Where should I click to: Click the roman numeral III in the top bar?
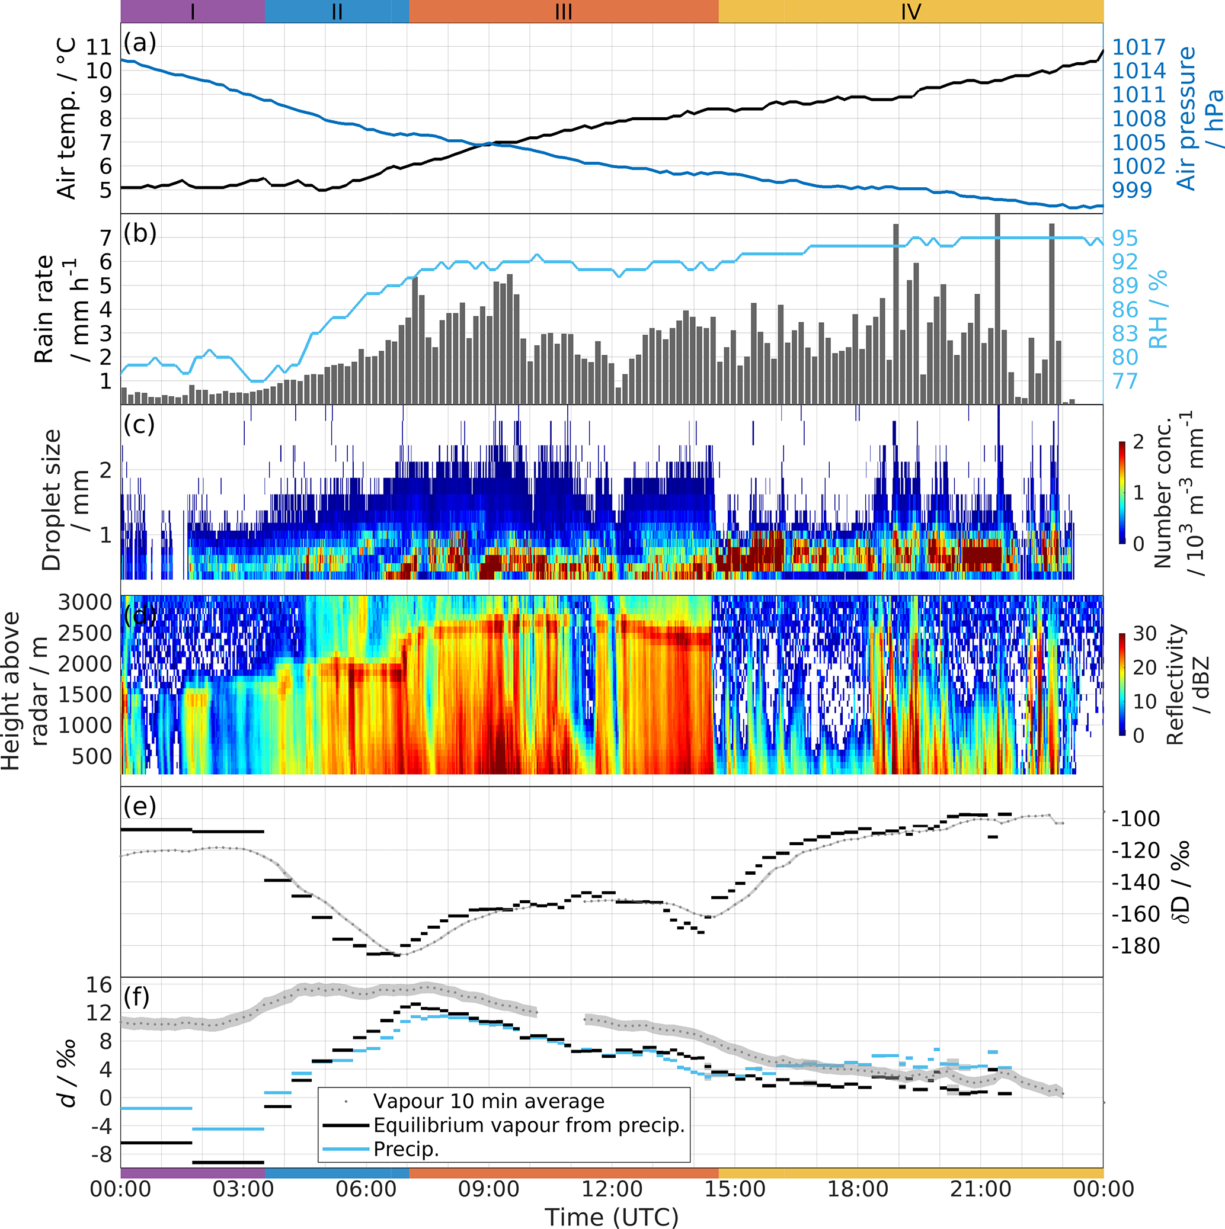563,11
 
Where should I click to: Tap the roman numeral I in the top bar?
193,11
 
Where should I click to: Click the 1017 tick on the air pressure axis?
1138,47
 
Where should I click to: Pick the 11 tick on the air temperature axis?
98,46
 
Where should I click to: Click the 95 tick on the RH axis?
1124,238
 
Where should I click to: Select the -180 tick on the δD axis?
1136,946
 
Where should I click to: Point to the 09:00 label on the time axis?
489,1189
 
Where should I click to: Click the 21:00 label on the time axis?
980,1189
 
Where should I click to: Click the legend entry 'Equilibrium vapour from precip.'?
529,1125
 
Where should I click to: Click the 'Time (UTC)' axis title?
612,1217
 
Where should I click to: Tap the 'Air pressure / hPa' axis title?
1198,118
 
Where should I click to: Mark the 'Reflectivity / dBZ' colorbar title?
1186,684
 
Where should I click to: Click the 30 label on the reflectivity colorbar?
1145,634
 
